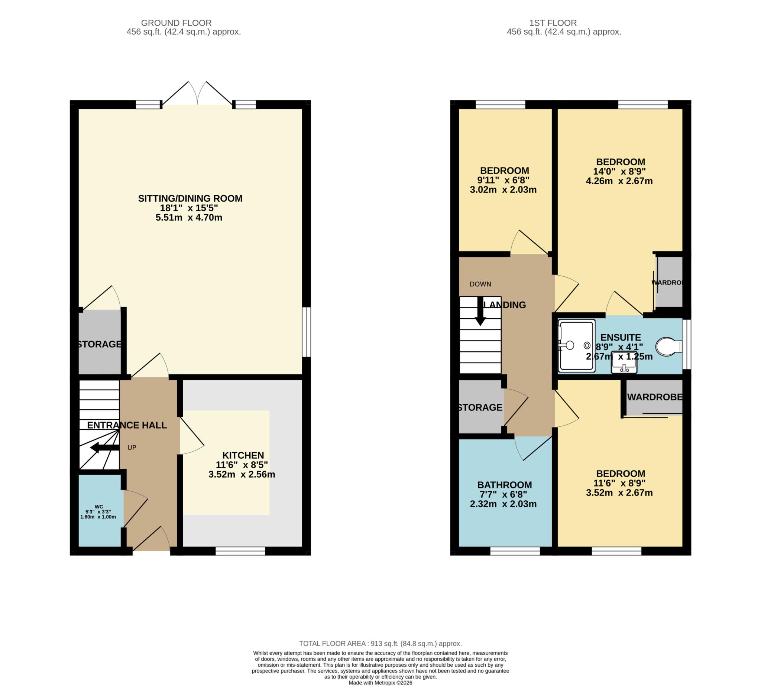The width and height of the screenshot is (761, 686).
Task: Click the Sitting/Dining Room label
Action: pos(190,199)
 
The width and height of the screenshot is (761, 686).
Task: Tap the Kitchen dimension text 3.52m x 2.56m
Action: pos(242,475)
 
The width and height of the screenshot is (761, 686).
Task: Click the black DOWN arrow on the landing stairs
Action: pos(480,311)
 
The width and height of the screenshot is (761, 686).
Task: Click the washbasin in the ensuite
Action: pos(624,362)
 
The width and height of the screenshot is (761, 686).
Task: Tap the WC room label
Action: pos(99,507)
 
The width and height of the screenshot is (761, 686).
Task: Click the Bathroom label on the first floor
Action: pos(504,485)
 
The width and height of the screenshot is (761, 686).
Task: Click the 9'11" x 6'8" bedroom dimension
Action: pos(504,180)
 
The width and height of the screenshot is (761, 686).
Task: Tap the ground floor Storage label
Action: pos(100,344)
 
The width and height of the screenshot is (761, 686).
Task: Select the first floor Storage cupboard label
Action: pos(480,407)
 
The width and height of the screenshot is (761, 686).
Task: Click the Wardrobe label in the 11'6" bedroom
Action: pos(654,397)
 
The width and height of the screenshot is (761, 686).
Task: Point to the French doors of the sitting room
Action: pos(197,94)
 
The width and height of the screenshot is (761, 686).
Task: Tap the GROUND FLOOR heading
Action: pos(176,23)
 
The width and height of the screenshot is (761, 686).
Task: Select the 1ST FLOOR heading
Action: pos(563,23)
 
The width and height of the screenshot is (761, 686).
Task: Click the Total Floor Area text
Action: pos(380,643)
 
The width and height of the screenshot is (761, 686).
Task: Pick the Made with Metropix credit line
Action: pos(380,683)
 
